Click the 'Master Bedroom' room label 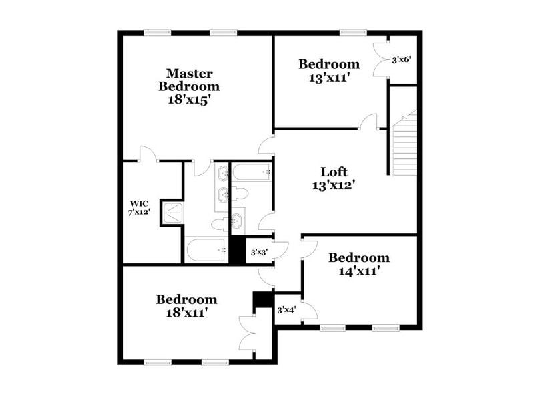pos(189,80)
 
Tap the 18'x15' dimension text pos(189,100)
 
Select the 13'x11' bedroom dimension pos(329,78)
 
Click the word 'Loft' pos(334,171)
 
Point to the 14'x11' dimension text pos(359,271)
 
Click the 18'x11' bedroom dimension pos(186,312)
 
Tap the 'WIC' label pos(140,203)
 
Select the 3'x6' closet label pos(400,59)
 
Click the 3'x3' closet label pos(259,253)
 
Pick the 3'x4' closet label pos(287,309)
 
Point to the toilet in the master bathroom pos(219,225)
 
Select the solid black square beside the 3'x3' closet pos(237,250)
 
